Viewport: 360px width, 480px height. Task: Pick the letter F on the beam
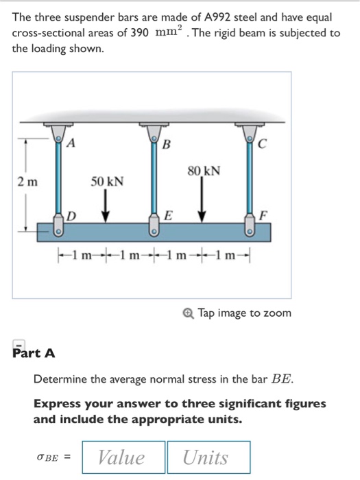point(261,216)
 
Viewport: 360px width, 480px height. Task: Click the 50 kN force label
point(108,182)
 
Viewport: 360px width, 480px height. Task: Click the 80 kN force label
point(203,169)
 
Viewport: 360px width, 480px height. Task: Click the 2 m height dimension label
point(28,182)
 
